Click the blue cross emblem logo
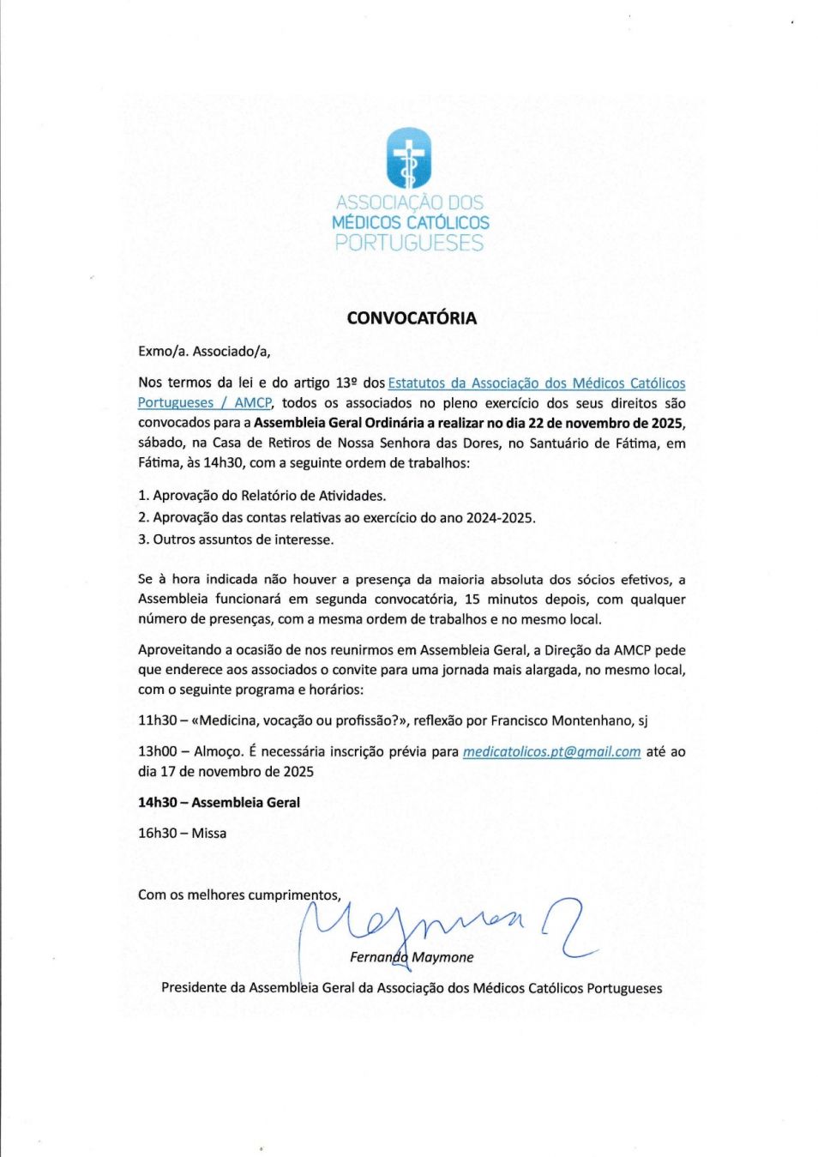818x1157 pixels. coord(409,158)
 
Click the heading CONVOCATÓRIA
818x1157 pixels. coord(412,318)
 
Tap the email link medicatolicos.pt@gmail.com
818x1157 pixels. coord(551,752)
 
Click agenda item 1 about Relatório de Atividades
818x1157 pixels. coord(262,496)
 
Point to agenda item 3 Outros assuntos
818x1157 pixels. coord(236,539)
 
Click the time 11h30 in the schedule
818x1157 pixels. coord(157,720)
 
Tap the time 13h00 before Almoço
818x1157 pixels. coord(157,752)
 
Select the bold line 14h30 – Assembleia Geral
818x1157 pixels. coord(219,803)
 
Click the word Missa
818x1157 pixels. coord(209,834)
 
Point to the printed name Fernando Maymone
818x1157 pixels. coord(412,957)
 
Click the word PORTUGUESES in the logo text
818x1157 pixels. coord(409,244)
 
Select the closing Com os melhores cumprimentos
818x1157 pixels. coord(239,895)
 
